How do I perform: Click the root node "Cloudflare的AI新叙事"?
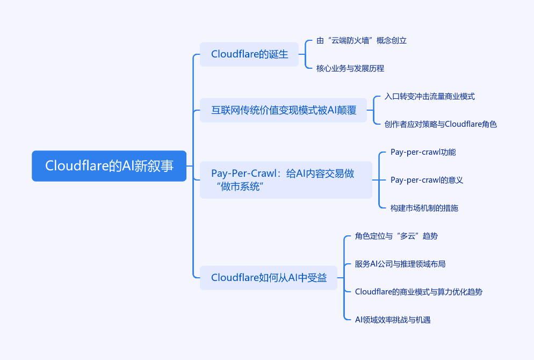click(x=109, y=166)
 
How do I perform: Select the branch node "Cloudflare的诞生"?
click(x=249, y=54)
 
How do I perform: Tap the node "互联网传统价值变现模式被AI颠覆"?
click(x=283, y=110)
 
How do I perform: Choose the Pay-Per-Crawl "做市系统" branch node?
click(x=286, y=180)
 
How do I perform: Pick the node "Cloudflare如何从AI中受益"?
click(x=269, y=278)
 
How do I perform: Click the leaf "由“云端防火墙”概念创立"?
click(x=357, y=40)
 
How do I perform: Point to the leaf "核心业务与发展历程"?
click(x=350, y=68)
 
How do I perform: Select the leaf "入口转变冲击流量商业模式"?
click(x=430, y=96)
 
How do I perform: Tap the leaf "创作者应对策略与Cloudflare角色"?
click(x=441, y=124)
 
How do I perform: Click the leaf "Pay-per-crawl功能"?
click(x=423, y=152)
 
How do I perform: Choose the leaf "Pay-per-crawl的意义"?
click(x=427, y=180)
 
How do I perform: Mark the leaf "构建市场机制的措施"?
click(x=424, y=208)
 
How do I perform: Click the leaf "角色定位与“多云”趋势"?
click(x=392, y=236)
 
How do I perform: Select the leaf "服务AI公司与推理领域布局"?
click(x=400, y=264)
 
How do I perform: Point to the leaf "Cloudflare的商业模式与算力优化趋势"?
click(x=418, y=292)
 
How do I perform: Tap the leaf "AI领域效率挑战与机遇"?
click(x=393, y=320)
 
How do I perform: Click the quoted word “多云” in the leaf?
click(x=408, y=236)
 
